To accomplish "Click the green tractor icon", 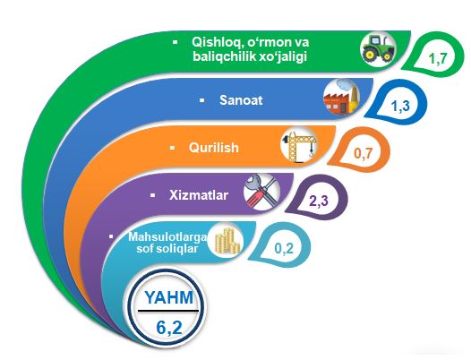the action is (378, 48).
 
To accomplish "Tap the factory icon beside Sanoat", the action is (341, 97).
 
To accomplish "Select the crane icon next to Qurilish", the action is (299, 145).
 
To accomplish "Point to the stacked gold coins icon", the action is (226, 240).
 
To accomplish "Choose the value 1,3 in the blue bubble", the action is (400, 106).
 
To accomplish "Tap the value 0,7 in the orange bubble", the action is (363, 153).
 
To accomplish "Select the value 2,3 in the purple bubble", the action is (319, 201).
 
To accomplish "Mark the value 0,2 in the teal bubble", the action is (284, 248).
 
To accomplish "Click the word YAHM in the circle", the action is (169, 297).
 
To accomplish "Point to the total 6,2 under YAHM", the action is (169, 327).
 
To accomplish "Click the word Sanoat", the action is (241, 99).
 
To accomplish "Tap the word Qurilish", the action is (214, 148).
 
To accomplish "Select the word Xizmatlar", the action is (199, 195).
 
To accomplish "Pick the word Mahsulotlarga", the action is (167, 237).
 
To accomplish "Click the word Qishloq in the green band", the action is (217, 43).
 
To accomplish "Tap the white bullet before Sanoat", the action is (202, 100).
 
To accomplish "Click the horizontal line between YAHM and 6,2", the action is (168, 310).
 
